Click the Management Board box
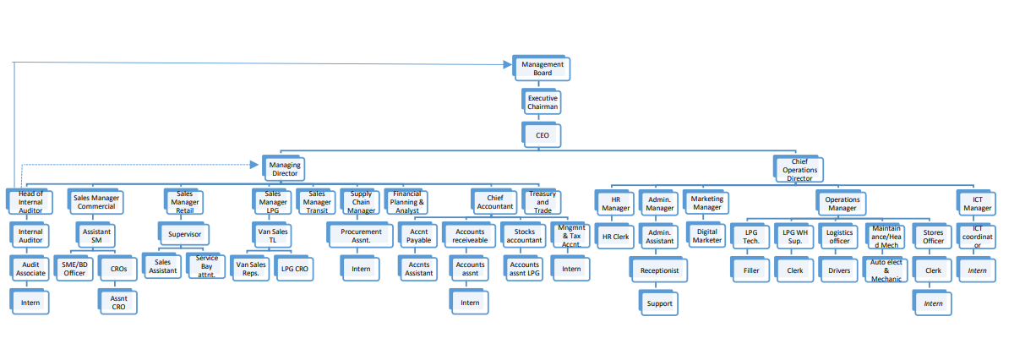pos(543,68)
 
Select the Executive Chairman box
pos(543,103)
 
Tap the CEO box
pos(542,134)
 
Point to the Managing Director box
pos(284,169)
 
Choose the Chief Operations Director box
pos(799,169)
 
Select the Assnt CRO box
pos(118,303)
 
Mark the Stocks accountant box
pos(525,235)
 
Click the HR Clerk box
pos(615,237)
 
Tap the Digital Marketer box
pos(706,235)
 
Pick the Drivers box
pos(839,270)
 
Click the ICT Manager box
pos(977,203)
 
